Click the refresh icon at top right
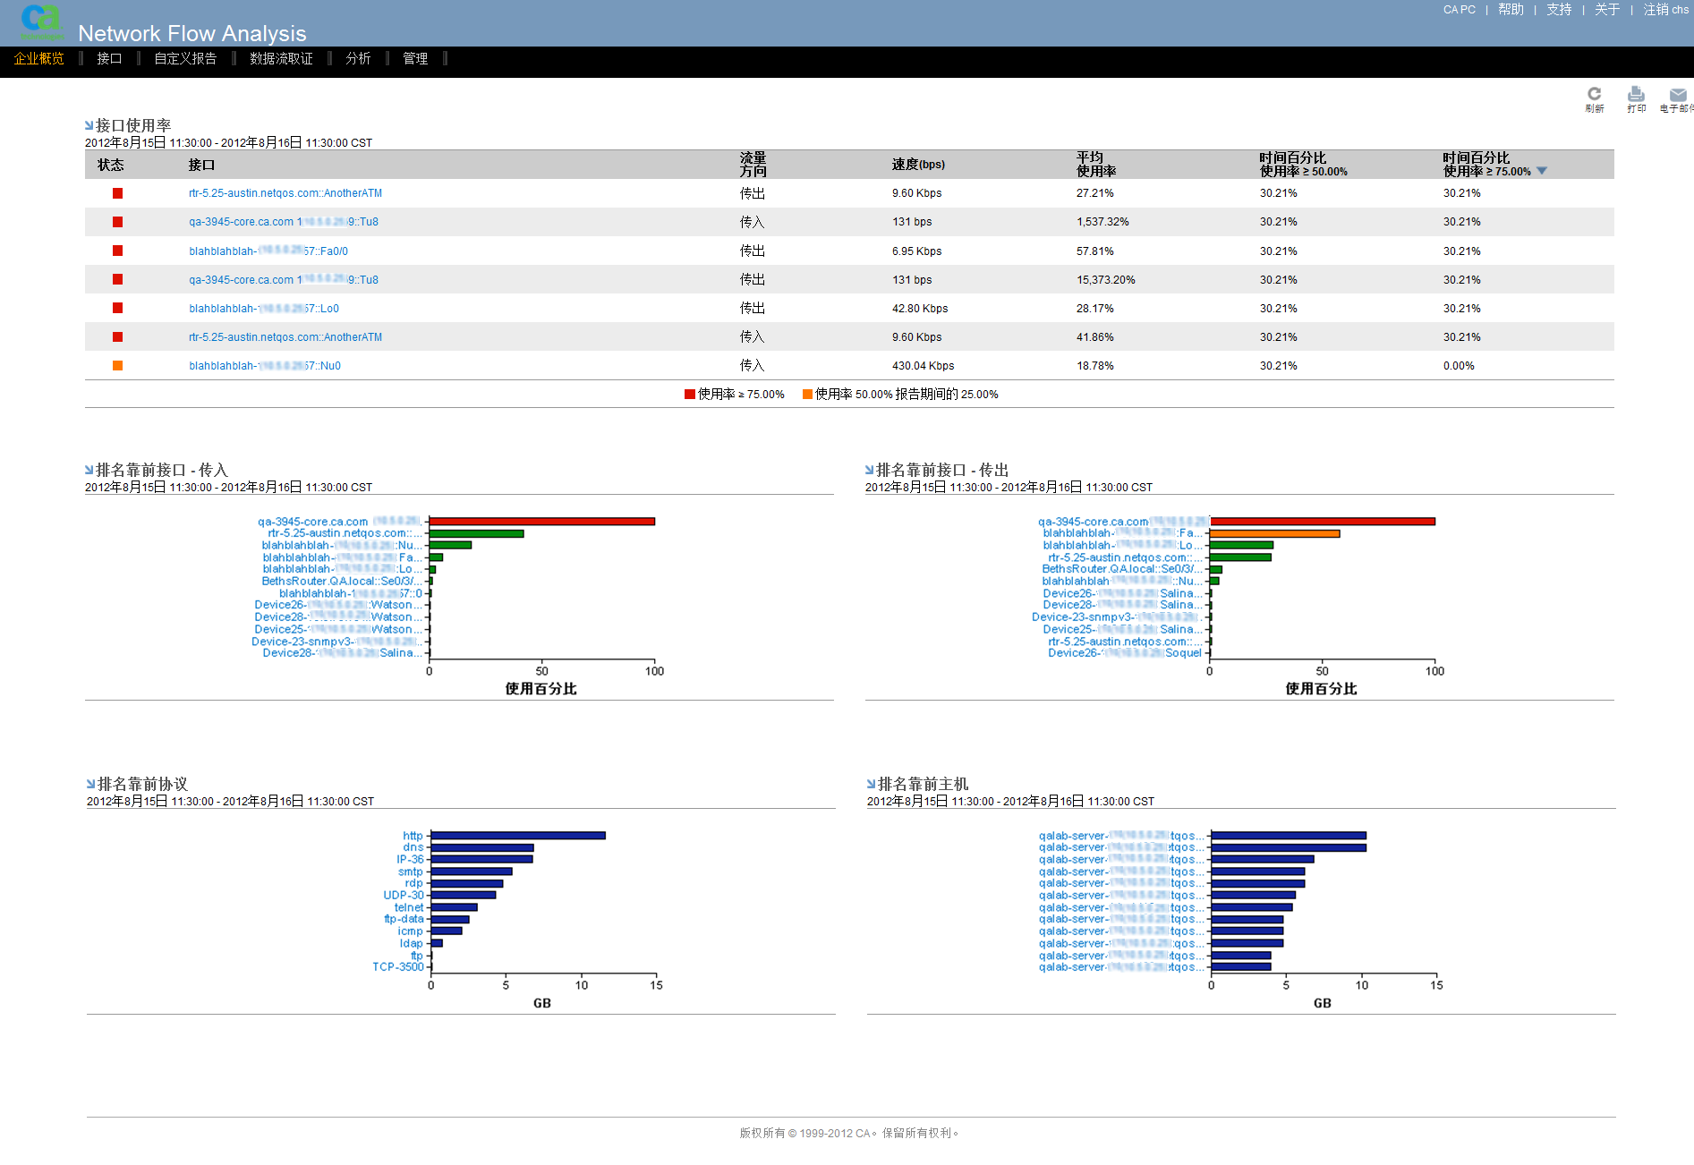point(1594,95)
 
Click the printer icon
point(1636,95)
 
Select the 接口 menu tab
point(109,59)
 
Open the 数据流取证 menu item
point(281,59)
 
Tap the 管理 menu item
point(415,59)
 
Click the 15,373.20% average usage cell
point(1105,280)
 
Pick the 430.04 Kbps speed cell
point(923,366)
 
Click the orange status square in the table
point(117,366)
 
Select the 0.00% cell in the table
point(1459,366)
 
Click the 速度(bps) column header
point(918,165)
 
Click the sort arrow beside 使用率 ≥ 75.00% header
point(1541,171)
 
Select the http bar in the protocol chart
point(517,836)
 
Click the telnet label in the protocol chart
point(409,907)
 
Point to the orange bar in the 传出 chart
point(1274,533)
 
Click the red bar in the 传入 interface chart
point(541,522)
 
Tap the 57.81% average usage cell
point(1094,251)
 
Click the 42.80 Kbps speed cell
point(919,309)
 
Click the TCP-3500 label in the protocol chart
point(398,967)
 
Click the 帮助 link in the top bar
point(1511,10)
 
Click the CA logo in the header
point(41,21)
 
